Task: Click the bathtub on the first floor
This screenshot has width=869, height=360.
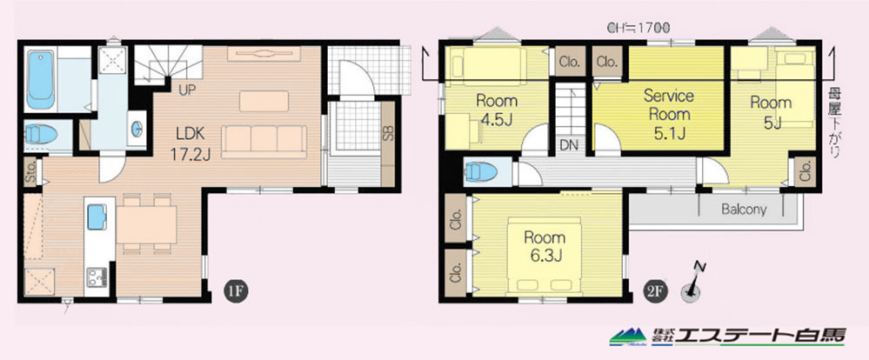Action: [x=41, y=80]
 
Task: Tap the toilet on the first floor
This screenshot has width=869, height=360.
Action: [x=41, y=134]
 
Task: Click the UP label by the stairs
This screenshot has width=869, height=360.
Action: [x=187, y=90]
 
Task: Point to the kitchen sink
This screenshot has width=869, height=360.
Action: [x=97, y=217]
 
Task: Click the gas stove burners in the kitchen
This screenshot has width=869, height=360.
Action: [x=97, y=277]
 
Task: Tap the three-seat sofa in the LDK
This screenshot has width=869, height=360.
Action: [x=264, y=142]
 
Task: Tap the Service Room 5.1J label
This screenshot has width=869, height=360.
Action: [x=669, y=114]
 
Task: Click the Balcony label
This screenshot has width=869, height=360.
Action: [x=745, y=210]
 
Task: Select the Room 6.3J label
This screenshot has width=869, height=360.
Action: [x=545, y=246]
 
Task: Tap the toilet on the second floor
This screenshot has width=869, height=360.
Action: [x=481, y=171]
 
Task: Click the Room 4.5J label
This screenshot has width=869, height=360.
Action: [x=497, y=110]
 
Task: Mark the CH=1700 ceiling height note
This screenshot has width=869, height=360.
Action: [x=639, y=27]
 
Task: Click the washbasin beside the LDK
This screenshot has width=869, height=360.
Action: [x=137, y=129]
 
